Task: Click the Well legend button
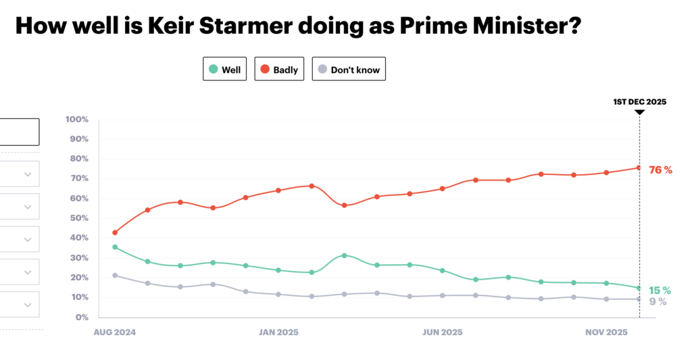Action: (225, 70)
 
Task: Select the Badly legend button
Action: (279, 70)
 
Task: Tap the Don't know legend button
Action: (349, 70)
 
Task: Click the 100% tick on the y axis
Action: (77, 120)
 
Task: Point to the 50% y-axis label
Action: (78, 218)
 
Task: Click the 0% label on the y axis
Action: (82, 317)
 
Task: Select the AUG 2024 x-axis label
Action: (114, 332)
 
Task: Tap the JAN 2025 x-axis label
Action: (278, 332)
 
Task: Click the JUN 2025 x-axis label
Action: (442, 332)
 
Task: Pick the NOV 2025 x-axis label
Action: (606, 332)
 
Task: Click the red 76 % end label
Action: (660, 170)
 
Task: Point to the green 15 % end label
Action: (660, 290)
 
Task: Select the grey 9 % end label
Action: (658, 302)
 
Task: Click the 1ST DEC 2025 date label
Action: (639, 102)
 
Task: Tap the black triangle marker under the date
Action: (639, 112)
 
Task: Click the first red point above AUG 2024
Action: (115, 232)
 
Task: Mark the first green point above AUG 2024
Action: (115, 247)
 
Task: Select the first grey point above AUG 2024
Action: (115, 275)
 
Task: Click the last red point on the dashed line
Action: (639, 168)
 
